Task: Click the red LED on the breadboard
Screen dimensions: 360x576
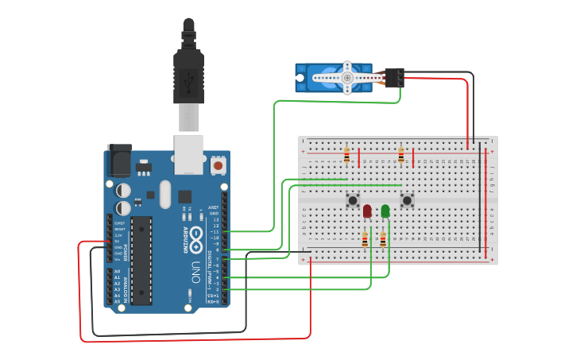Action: pyautogui.click(x=367, y=211)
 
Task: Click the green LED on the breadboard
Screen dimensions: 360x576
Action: pyautogui.click(x=385, y=211)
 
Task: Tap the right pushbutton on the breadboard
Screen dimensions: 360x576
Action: pyautogui.click(x=408, y=199)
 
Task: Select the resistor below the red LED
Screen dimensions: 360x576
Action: pyautogui.click(x=365, y=239)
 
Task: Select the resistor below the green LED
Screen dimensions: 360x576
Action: pyautogui.click(x=383, y=239)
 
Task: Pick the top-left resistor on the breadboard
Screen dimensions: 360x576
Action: pyautogui.click(x=346, y=154)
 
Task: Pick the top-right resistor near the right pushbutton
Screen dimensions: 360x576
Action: pyautogui.click(x=401, y=154)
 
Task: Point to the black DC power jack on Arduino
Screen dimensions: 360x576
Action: pyautogui.click(x=118, y=161)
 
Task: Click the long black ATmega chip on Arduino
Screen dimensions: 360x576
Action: pyautogui.click(x=141, y=259)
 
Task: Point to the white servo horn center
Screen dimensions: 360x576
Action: pyautogui.click(x=347, y=78)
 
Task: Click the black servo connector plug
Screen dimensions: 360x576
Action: pyautogui.click(x=393, y=78)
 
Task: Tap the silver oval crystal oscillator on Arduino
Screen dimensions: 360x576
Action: pyautogui.click(x=164, y=194)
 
